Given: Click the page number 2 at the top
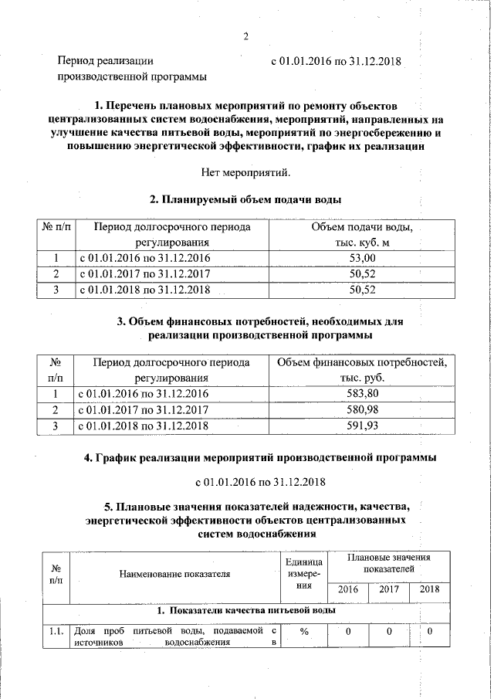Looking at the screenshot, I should coord(245,36).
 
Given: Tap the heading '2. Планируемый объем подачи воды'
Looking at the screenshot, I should coord(245,200).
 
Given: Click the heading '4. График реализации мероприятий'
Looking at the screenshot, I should coord(260,458).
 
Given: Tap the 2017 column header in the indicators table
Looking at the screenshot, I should coord(389,589).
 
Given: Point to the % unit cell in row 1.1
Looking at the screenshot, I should coord(304,632).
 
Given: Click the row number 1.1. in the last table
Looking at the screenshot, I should coord(54,632).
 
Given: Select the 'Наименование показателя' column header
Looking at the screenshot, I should coord(174,574).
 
